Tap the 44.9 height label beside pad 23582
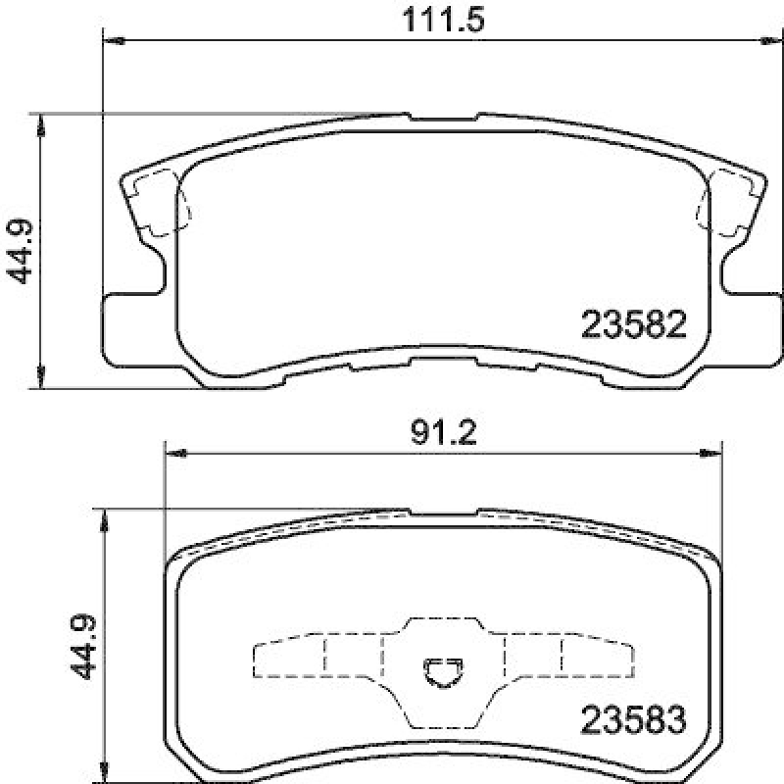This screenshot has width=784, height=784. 22,251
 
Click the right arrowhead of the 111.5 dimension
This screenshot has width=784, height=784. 771,40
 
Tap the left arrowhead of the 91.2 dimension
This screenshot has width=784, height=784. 174,453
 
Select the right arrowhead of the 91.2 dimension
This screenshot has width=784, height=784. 713,453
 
